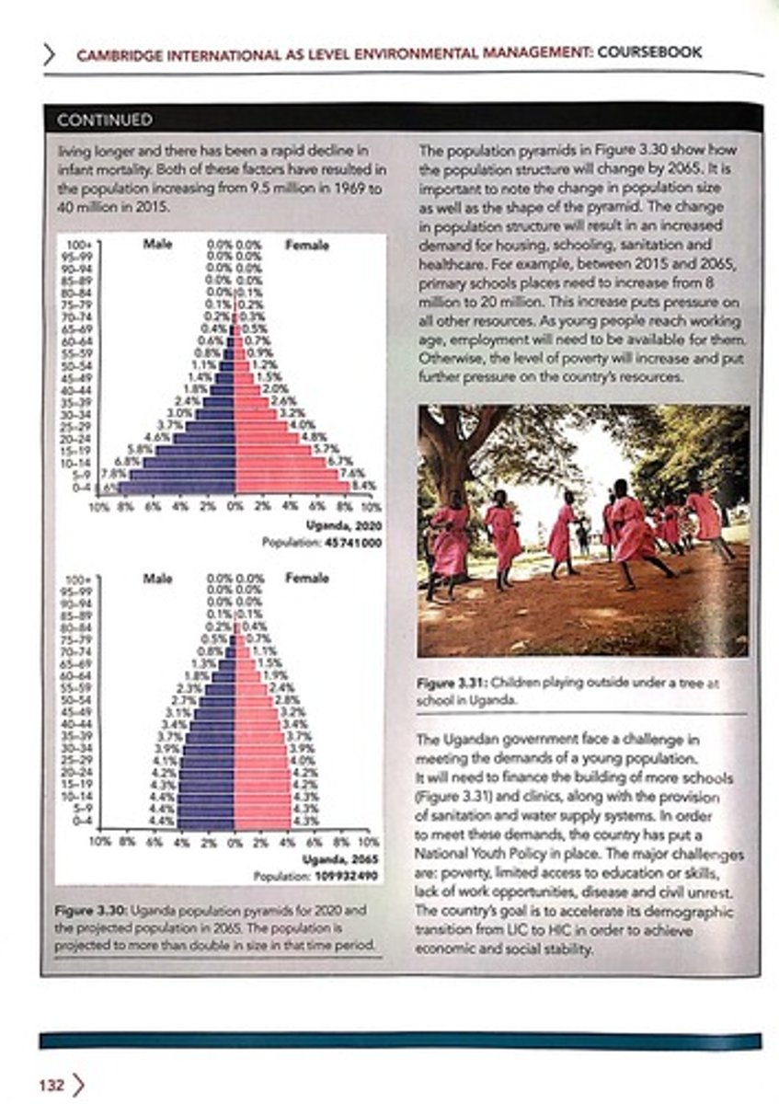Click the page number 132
coord(52,1086)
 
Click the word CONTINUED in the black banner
coord(104,121)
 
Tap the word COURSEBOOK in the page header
coord(649,52)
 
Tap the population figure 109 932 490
coord(347,876)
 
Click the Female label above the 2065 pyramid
coord(306,579)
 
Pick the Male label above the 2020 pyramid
coord(158,246)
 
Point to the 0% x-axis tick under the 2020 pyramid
coord(235,506)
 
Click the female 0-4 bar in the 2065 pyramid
coord(262,820)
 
